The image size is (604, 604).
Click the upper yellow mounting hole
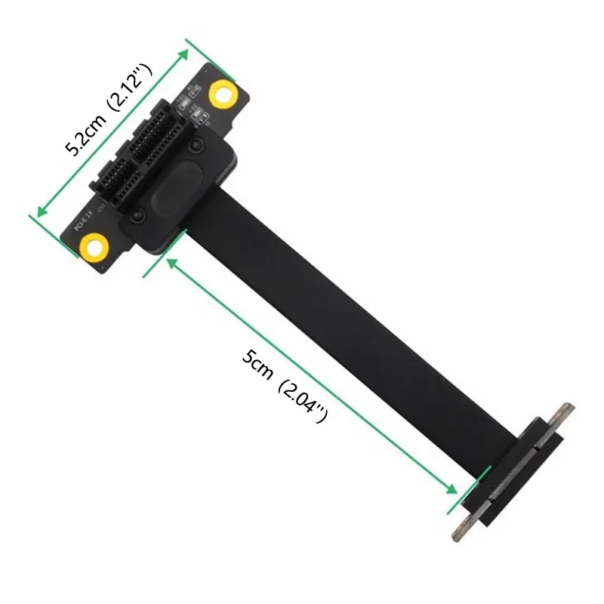(x=223, y=93)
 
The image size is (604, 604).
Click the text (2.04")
(x=302, y=402)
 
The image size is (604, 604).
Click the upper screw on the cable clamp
(x=196, y=144)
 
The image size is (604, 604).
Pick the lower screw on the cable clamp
(x=137, y=217)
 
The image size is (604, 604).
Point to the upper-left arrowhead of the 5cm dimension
(x=171, y=262)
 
